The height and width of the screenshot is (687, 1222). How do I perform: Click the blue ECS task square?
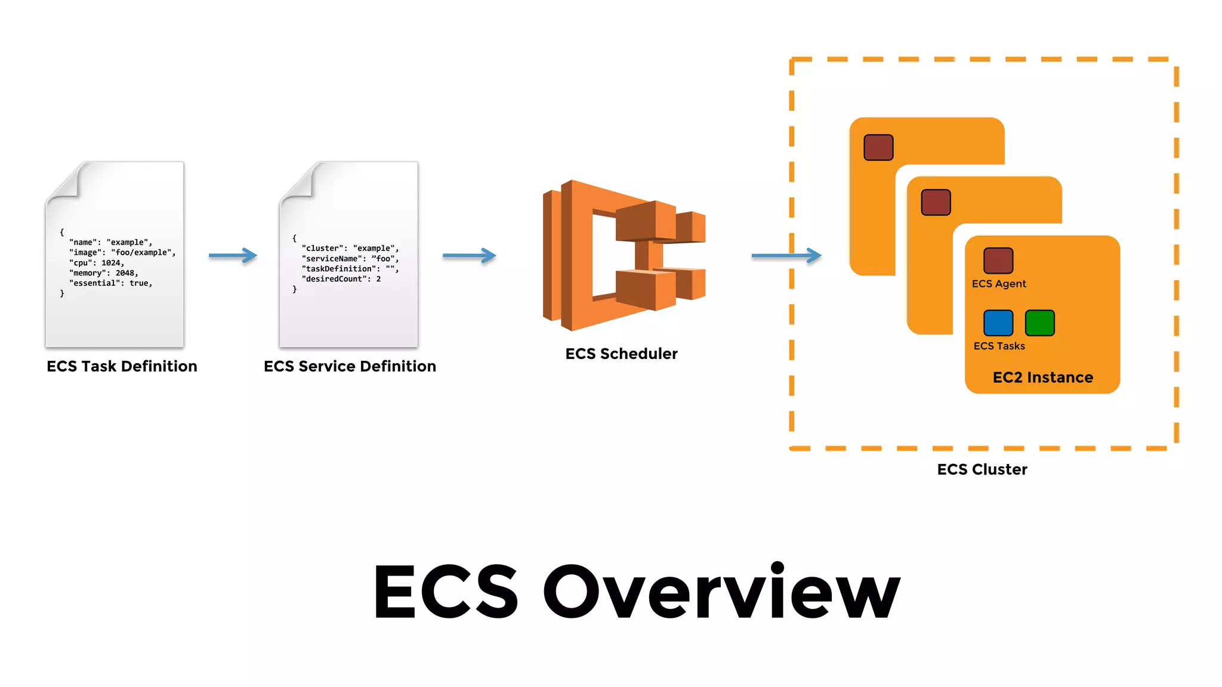[998, 323]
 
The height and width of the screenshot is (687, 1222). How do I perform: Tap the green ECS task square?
[1039, 323]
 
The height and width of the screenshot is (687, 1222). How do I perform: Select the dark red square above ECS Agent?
[998, 261]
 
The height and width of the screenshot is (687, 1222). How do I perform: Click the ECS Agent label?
[999, 284]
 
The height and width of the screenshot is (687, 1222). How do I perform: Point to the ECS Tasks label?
[999, 346]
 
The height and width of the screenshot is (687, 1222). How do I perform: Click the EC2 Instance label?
[1042, 377]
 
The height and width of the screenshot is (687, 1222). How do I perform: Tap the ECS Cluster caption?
[982, 469]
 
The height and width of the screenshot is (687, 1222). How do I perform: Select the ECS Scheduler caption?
[621, 354]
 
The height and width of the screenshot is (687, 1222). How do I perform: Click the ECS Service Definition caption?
[350, 366]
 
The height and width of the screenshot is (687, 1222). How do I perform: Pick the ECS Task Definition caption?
[122, 366]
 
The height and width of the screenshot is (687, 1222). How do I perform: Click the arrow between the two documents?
[233, 256]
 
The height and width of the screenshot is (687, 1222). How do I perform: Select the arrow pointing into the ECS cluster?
[786, 256]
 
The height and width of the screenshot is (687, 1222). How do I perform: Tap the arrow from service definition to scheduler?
[469, 256]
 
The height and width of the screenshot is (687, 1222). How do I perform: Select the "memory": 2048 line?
[104, 273]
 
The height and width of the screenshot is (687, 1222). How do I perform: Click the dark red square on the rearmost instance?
[878, 147]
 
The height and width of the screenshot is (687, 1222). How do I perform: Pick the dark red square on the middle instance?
[936, 202]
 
